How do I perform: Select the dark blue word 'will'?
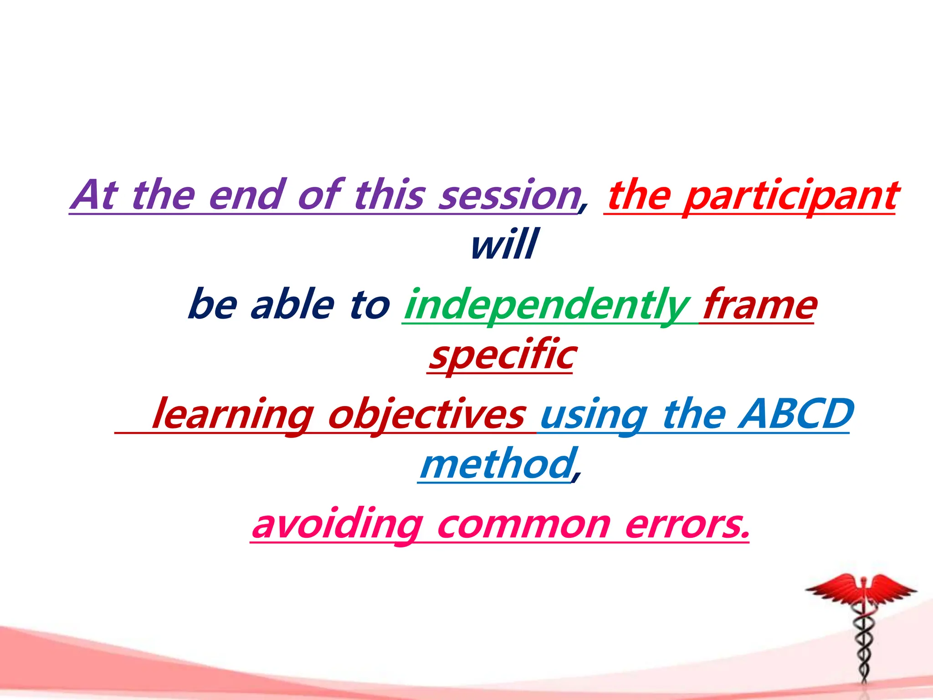pyautogui.click(x=504, y=245)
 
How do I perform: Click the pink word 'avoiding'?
pyautogui.click(x=337, y=525)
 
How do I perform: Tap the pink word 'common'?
pyautogui.click(x=523, y=525)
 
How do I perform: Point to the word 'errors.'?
pyautogui.click(x=687, y=525)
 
